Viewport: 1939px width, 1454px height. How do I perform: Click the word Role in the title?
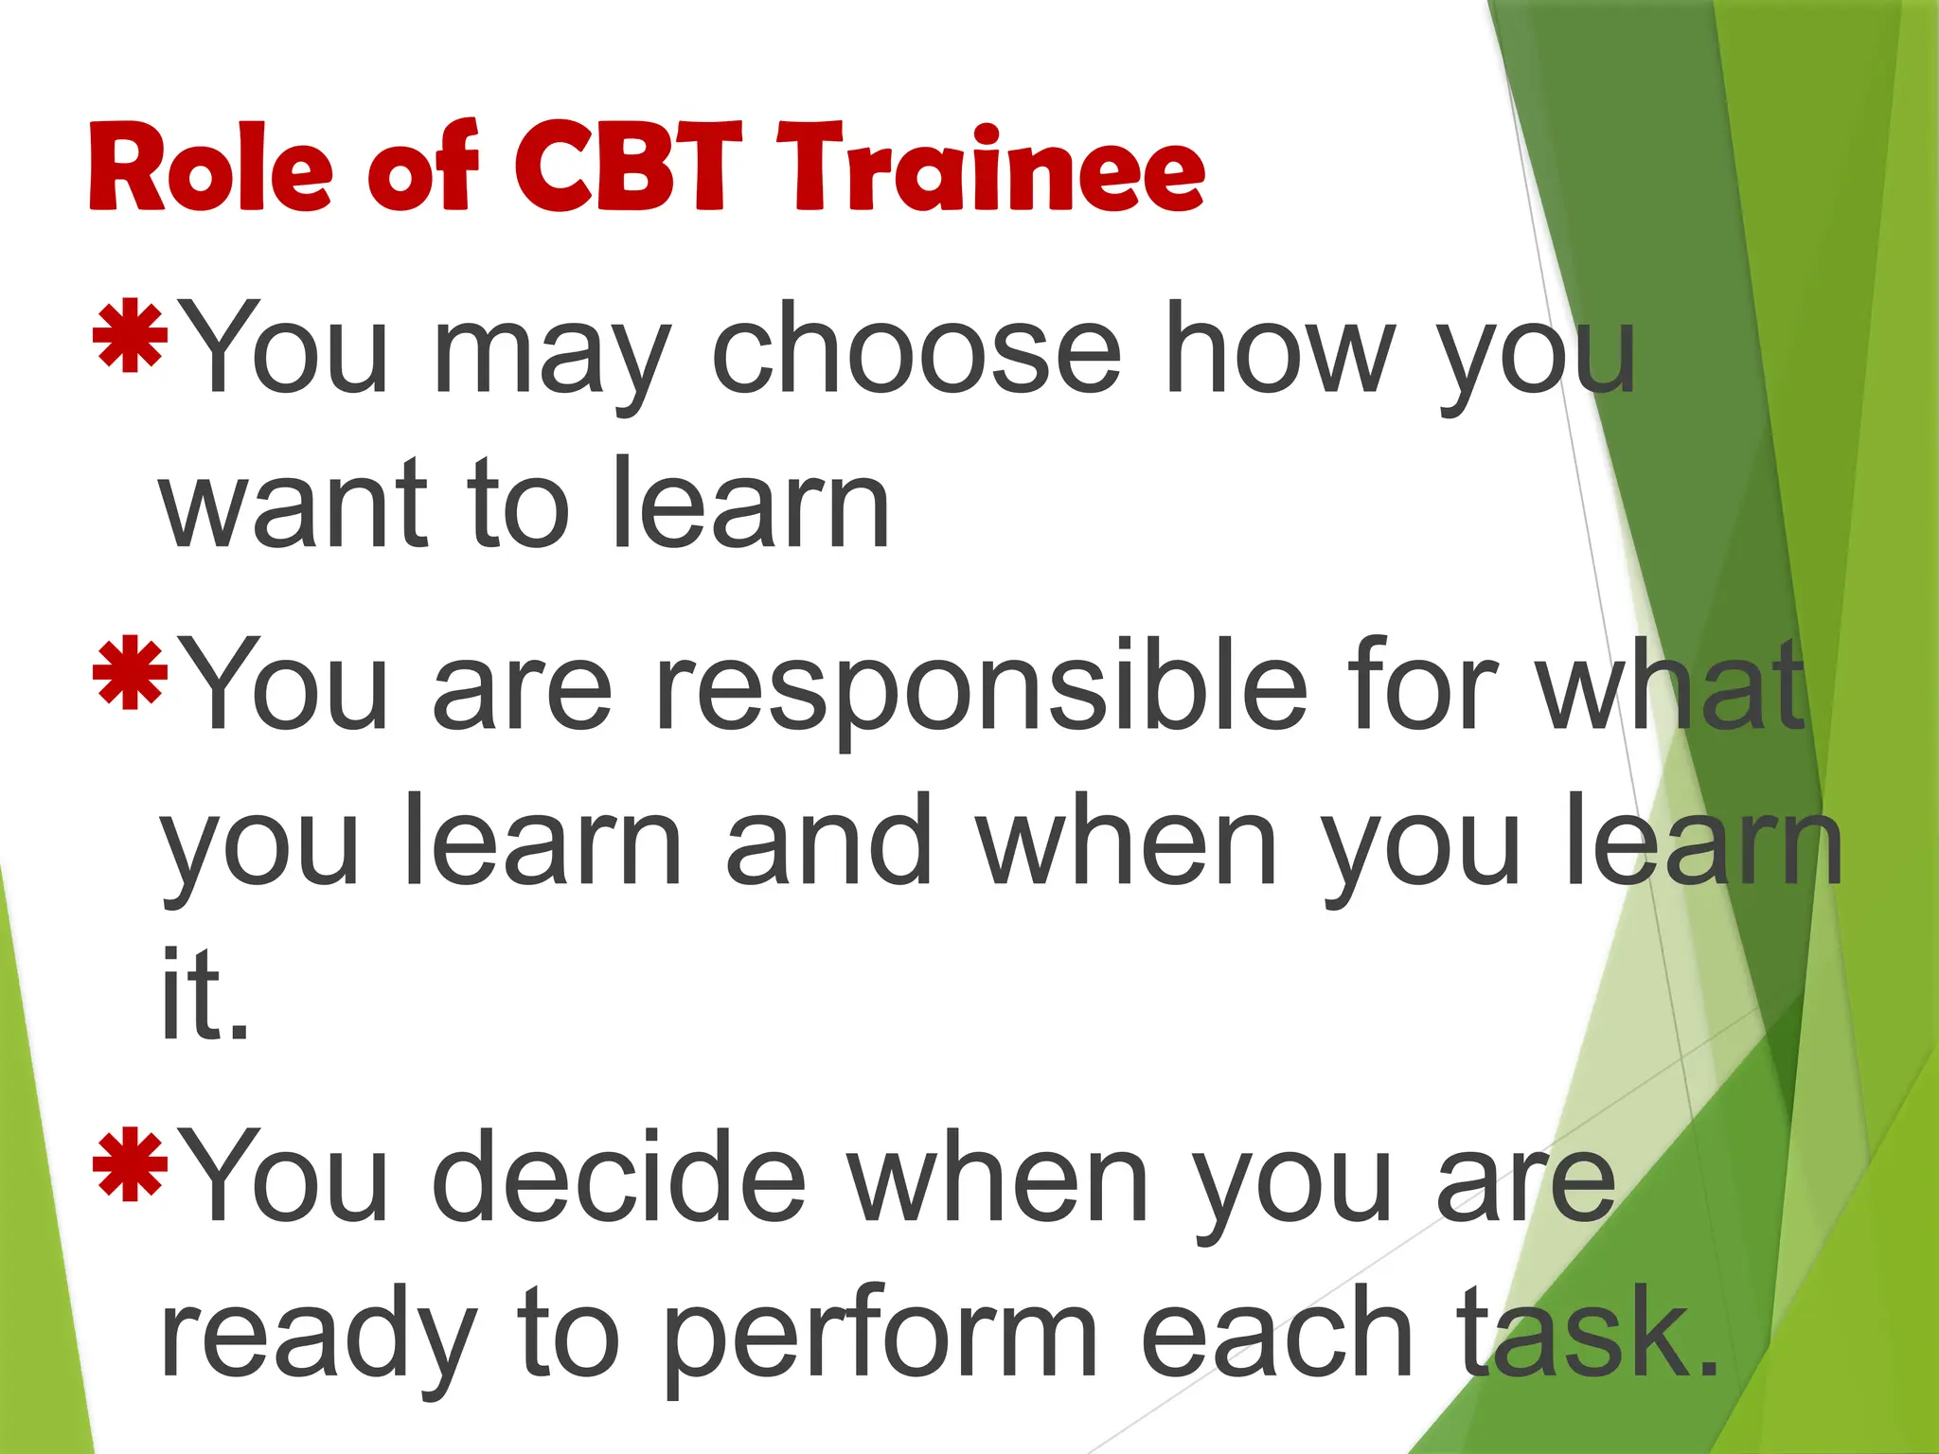click(210, 168)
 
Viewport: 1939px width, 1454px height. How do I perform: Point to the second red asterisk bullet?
click(130, 673)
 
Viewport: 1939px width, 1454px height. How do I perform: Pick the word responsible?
click(980, 687)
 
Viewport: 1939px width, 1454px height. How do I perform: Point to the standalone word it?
click(204, 995)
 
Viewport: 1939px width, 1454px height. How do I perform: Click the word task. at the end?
click(1587, 1335)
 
